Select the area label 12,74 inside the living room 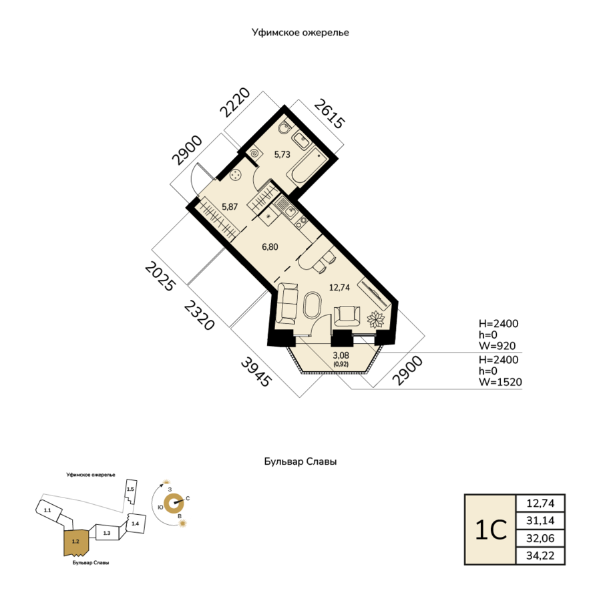click(x=340, y=287)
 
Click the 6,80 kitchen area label click(x=270, y=247)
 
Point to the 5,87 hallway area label click(x=230, y=206)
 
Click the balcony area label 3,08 click(x=341, y=355)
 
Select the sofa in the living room click(x=286, y=303)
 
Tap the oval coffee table click(x=313, y=305)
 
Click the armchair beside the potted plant click(x=347, y=316)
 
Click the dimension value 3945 click(x=256, y=372)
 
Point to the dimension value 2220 click(x=235, y=102)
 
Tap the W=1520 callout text click(x=500, y=382)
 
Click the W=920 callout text click(x=497, y=346)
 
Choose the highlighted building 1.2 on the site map click(x=76, y=542)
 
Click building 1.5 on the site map click(x=131, y=491)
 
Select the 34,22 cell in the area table click(x=540, y=556)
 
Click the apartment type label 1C click(x=491, y=530)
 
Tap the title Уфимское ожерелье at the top click(x=300, y=33)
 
